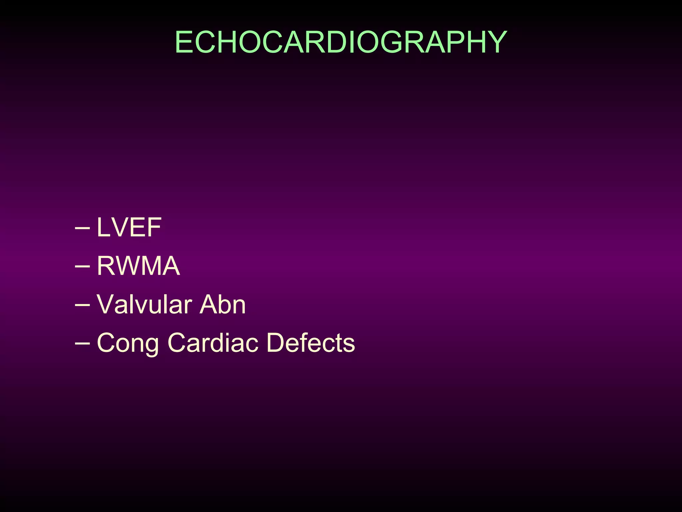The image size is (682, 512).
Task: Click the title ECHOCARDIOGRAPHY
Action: click(x=341, y=42)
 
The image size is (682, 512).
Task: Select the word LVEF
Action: click(x=129, y=227)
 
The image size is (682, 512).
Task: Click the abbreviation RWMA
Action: click(x=138, y=266)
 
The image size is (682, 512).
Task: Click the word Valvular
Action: click(x=144, y=304)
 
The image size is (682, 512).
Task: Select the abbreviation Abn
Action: click(x=222, y=304)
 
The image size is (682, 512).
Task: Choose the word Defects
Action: click(x=311, y=343)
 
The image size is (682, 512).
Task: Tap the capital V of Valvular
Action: click(x=105, y=304)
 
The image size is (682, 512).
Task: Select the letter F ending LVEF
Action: click(x=155, y=227)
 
